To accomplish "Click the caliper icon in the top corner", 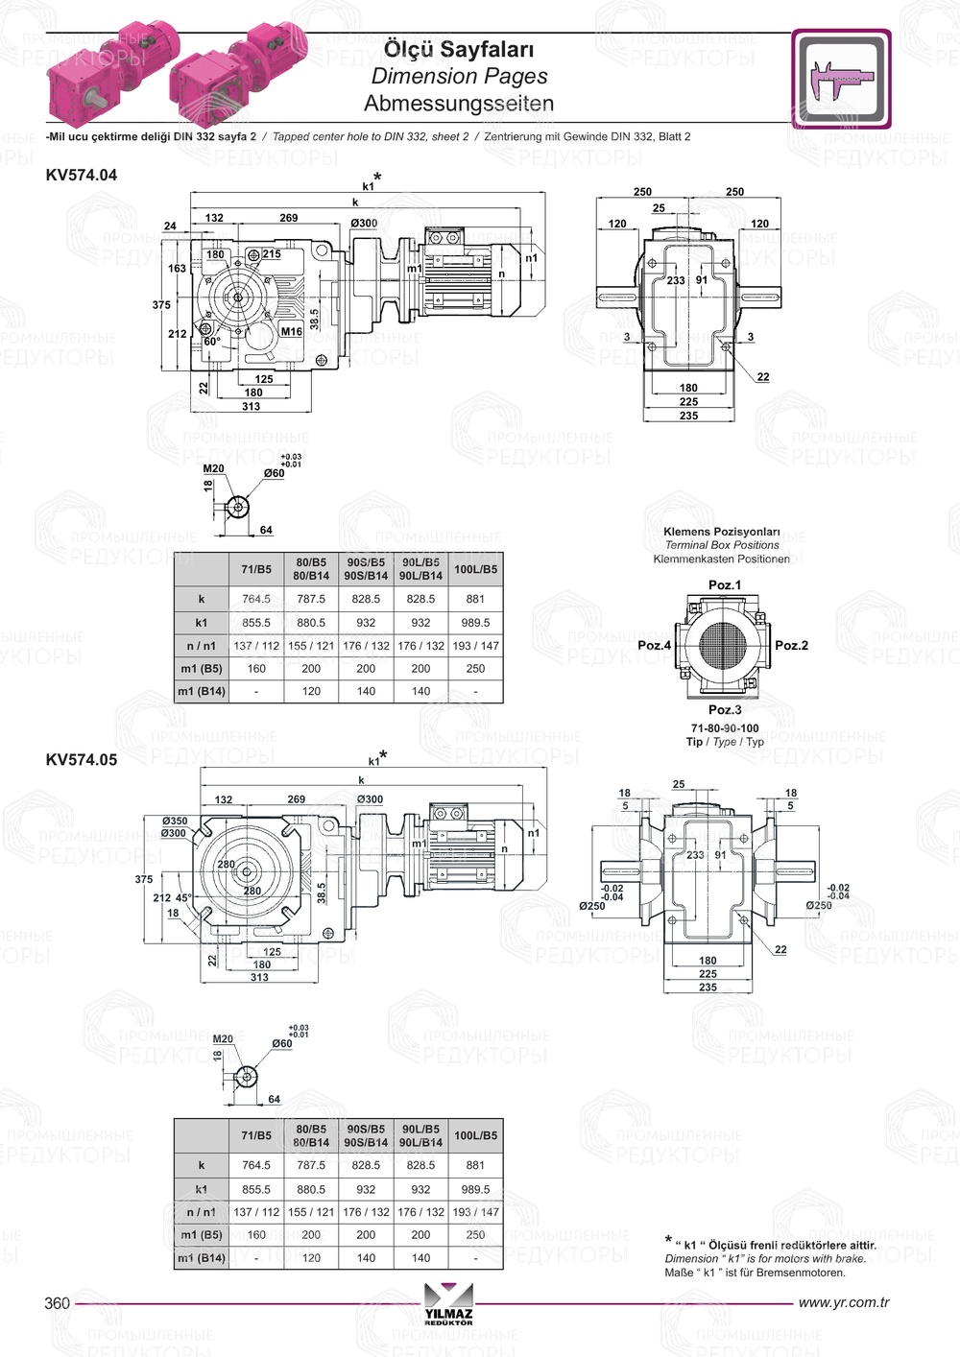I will [841, 79].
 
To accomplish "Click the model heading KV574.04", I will [82, 175].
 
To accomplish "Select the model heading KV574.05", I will [82, 760].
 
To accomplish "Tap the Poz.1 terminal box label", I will [724, 584].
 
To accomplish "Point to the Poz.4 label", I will [654, 645].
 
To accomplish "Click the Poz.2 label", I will [791, 645].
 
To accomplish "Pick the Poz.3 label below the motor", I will [724, 709].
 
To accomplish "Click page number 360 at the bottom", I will [58, 1302].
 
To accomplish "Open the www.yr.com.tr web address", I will [844, 1302].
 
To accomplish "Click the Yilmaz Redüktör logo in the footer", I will [448, 1306].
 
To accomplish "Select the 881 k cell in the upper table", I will [475, 599].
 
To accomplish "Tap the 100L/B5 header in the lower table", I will [475, 1135].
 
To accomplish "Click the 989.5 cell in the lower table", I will [475, 1189].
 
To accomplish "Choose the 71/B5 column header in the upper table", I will [256, 569].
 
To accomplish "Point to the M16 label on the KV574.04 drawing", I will [291, 331].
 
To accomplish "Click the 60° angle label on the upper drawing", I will [212, 342].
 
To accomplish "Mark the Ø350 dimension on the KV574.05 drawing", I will [175, 821].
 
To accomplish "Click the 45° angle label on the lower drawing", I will [182, 898].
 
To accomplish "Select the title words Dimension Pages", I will [459, 76].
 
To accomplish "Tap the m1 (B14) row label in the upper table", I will [202, 691].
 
